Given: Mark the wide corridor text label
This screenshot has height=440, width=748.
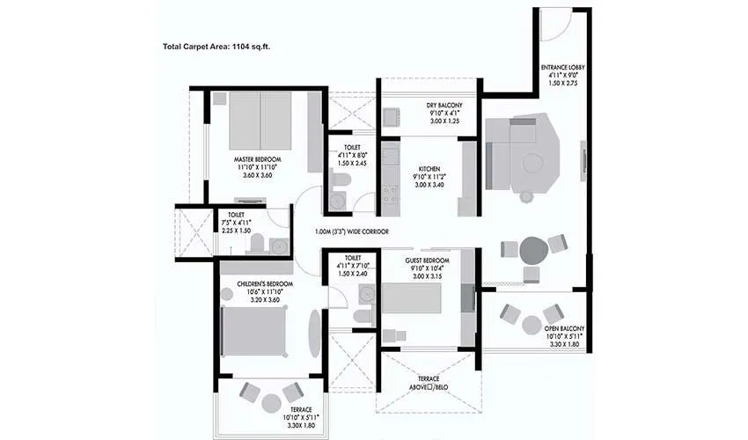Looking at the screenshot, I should pyautogui.click(x=352, y=231).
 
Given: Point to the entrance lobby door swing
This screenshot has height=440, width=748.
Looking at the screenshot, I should pyautogui.click(x=554, y=24).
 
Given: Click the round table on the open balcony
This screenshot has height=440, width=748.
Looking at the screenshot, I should pyautogui.click(x=532, y=325).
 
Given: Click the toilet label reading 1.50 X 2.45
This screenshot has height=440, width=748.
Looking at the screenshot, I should pyautogui.click(x=350, y=164).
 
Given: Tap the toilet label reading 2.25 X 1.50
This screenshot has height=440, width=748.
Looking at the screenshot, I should pyautogui.click(x=235, y=230).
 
